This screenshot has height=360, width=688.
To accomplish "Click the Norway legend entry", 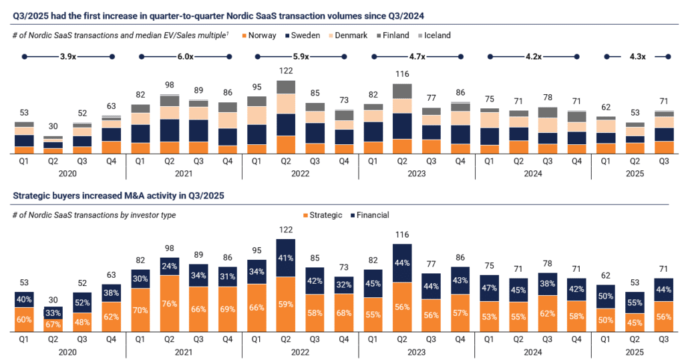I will coord(258,35).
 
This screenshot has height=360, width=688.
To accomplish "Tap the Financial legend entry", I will coord(371,215).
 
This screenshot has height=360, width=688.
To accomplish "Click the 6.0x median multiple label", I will coord(184,57).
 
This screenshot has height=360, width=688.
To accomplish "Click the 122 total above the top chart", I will coord(285,71).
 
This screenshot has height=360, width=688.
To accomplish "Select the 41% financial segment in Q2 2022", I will coord(285,257).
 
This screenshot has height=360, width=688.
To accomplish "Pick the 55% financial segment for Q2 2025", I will coord(634,302).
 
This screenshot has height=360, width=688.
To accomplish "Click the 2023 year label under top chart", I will coord(416,174).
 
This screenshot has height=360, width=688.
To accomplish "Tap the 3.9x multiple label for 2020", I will coord(68,57).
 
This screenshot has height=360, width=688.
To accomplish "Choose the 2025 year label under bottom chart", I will coord(634,352).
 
